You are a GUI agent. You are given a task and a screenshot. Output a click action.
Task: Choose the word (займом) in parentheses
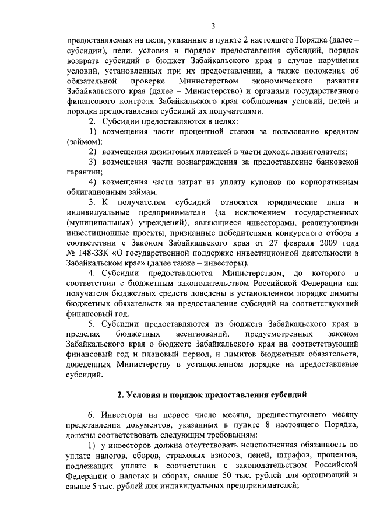coord(85,142)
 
